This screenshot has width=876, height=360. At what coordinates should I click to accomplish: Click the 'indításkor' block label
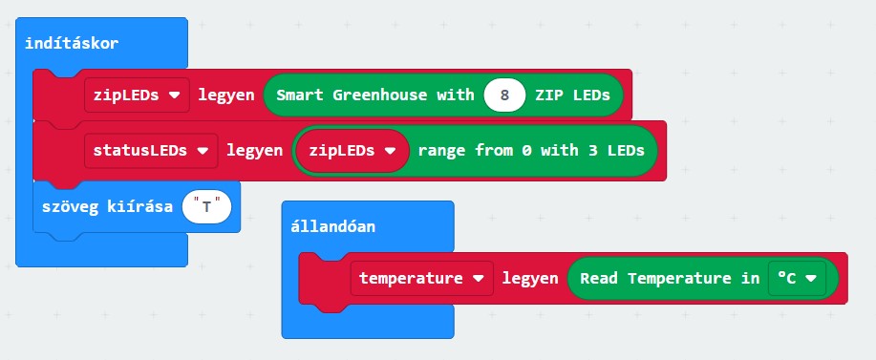(72, 44)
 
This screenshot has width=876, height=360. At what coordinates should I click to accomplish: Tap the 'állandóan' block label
(333, 226)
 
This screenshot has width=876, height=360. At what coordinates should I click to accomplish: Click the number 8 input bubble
(504, 95)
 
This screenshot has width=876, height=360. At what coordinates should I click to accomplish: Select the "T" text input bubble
(206, 207)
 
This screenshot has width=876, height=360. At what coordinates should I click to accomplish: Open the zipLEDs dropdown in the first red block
(137, 95)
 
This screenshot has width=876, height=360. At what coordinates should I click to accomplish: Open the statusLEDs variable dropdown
(151, 151)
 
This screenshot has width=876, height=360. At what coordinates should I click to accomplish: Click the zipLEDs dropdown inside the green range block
(352, 151)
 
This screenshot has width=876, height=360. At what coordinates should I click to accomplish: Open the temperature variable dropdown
(422, 278)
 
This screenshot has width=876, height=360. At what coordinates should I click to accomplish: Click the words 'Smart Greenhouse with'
(375, 95)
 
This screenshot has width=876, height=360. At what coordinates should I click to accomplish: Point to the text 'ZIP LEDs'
(572, 95)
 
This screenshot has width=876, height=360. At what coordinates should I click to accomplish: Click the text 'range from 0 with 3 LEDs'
(531, 151)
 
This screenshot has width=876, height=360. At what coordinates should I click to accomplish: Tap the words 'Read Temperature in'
(670, 278)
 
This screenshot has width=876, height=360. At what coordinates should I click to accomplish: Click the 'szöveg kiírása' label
(107, 207)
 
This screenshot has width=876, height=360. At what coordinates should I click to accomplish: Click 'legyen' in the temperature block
(530, 278)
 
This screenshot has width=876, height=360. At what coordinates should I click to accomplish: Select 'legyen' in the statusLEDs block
(254, 151)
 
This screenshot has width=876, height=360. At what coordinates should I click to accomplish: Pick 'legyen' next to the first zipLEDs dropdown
(226, 95)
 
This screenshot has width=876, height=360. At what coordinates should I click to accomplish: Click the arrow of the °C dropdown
(811, 279)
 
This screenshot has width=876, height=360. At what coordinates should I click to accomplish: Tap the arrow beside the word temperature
(479, 279)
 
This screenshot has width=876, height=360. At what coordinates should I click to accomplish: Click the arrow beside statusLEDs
(203, 151)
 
